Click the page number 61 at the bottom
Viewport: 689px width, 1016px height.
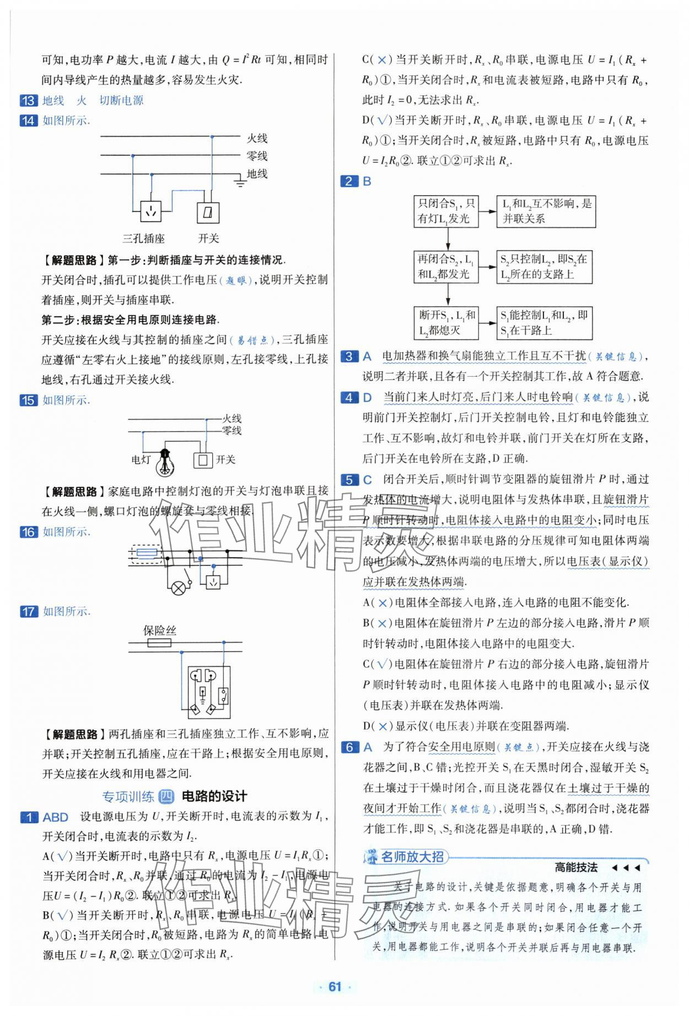335,987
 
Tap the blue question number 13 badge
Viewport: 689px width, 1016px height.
29,100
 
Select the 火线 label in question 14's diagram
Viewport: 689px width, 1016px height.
257,138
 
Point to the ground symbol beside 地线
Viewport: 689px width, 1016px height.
240,181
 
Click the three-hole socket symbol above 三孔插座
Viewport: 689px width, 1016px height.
150,211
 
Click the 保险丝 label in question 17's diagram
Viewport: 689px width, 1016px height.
159,630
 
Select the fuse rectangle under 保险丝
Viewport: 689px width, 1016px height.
159,643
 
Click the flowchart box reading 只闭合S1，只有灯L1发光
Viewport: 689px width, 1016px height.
446,211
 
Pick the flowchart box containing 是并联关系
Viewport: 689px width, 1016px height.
546,211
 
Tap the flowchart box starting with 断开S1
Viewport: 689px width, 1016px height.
446,323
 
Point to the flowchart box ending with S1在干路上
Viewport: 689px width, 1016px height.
544,323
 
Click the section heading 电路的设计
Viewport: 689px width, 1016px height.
214,796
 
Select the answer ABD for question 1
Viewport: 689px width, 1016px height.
56,817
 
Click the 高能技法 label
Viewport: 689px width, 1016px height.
576,868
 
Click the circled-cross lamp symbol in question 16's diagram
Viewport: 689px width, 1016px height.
177,588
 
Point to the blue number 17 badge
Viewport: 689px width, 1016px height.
29,611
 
